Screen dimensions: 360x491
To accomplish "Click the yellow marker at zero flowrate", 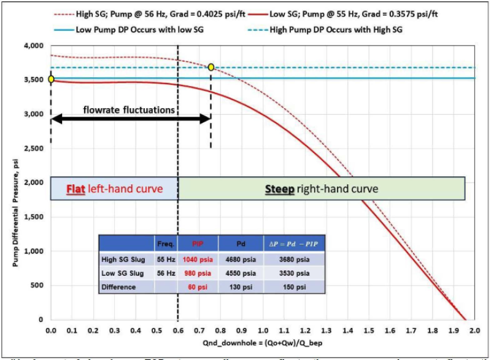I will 51,79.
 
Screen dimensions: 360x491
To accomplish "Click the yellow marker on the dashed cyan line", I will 211,67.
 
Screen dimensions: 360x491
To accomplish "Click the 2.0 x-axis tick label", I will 476,330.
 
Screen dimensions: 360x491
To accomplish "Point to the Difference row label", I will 121,287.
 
